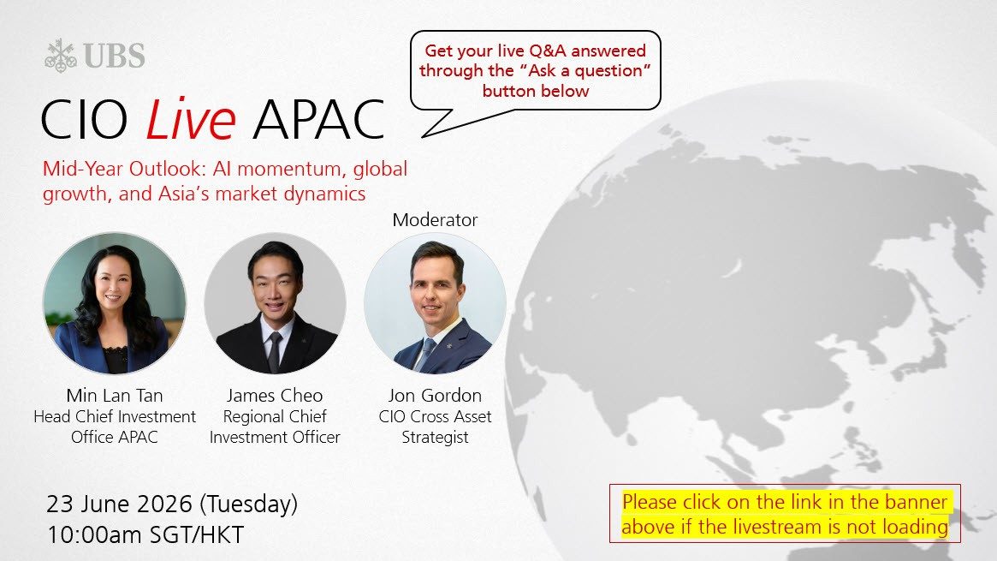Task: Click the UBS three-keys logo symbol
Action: pyautogui.click(x=61, y=56)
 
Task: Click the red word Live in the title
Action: pyautogui.click(x=191, y=119)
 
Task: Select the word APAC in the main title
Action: pyautogui.click(x=318, y=120)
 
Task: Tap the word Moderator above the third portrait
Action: pyautogui.click(x=435, y=219)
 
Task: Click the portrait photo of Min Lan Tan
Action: pyautogui.click(x=115, y=302)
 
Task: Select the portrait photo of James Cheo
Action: pyautogui.click(x=275, y=302)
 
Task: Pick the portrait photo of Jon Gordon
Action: pyautogui.click(x=435, y=302)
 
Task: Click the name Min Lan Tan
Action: pyautogui.click(x=115, y=395)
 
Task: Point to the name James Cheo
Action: pyautogui.click(x=275, y=395)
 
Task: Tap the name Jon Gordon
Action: pyautogui.click(x=435, y=395)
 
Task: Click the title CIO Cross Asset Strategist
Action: pyautogui.click(x=435, y=427)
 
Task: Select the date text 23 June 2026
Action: pyautogui.click(x=119, y=504)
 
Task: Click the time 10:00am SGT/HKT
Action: pyautogui.click(x=145, y=535)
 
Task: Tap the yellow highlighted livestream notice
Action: pyautogui.click(x=785, y=514)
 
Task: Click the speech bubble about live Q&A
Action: pyautogui.click(x=536, y=71)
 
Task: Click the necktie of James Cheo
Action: pyautogui.click(x=274, y=351)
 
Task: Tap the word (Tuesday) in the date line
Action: pyautogui.click(x=249, y=504)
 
